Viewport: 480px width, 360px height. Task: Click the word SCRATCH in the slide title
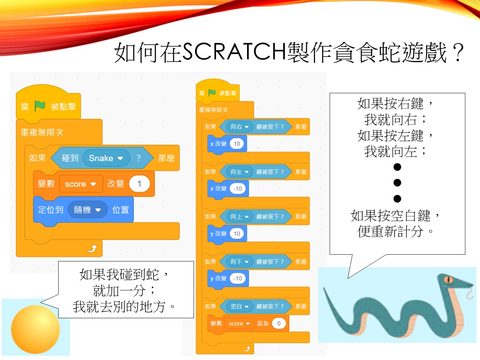tap(234, 51)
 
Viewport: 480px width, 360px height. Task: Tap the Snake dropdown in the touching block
tap(106, 158)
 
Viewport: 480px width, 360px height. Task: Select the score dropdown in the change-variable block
tap(81, 184)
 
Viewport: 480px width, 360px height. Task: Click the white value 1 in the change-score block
tap(139, 184)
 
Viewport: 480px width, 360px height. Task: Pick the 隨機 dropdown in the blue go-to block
tap(87, 210)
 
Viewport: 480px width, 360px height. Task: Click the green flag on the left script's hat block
tap(40, 106)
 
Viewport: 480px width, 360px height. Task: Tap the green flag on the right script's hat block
tap(212, 93)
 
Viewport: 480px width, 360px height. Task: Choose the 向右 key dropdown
tap(239, 127)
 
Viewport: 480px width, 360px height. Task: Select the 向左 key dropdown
tap(239, 172)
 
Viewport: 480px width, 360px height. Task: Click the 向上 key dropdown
tap(239, 217)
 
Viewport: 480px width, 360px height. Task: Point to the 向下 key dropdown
tap(239, 262)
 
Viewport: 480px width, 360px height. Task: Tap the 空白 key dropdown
tap(239, 306)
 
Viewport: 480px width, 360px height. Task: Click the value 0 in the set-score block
tap(279, 324)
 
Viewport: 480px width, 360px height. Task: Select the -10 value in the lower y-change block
tap(238, 279)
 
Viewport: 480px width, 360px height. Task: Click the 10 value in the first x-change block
tap(237, 144)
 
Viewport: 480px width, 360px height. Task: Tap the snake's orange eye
tap(448, 280)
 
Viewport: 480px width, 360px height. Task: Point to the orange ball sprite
tap(35, 329)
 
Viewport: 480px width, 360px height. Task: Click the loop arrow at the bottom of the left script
tap(92, 249)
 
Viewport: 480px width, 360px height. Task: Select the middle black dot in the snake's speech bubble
tap(397, 183)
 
